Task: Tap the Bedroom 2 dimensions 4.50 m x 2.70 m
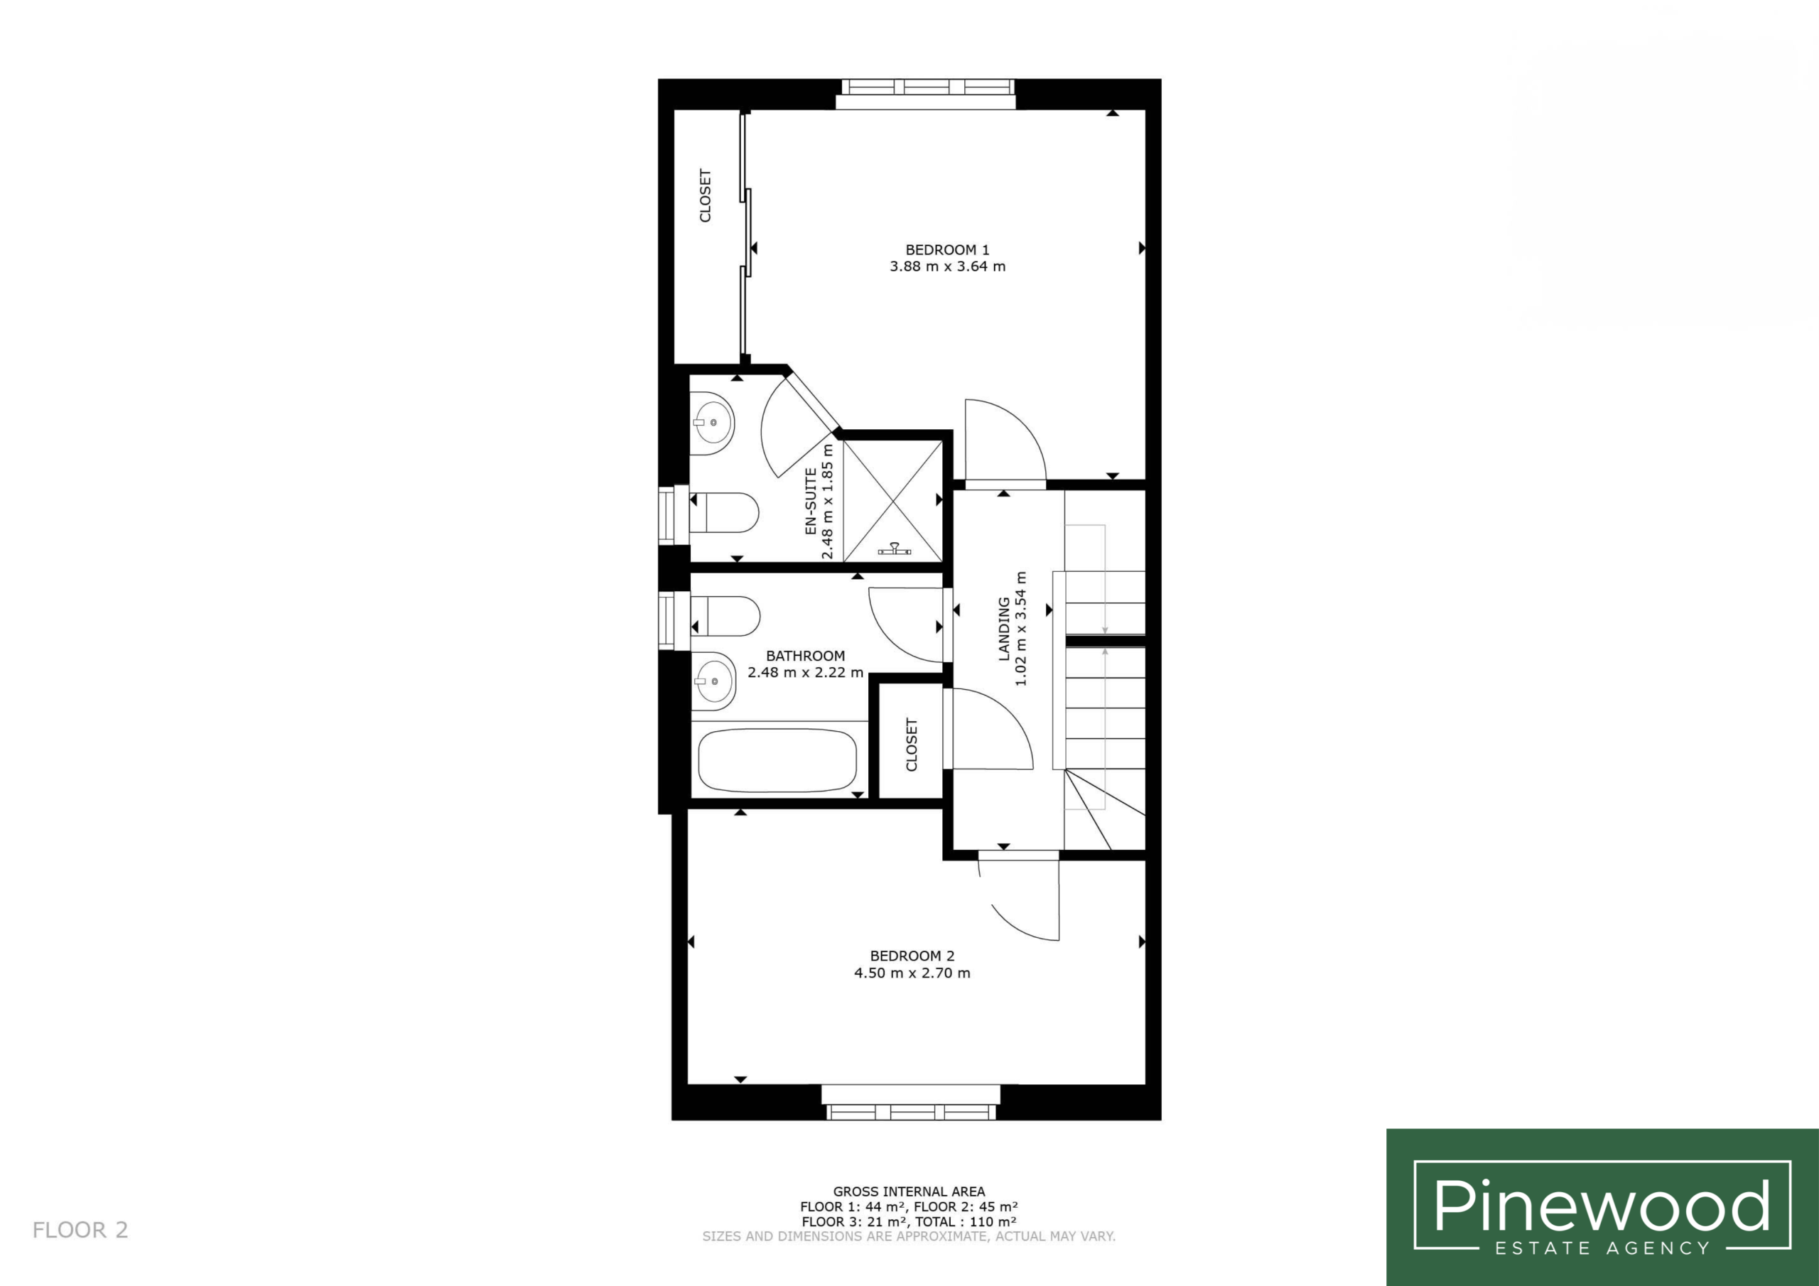tap(912, 973)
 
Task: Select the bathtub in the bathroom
tap(777, 760)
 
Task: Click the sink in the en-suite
tap(712, 423)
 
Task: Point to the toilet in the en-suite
tap(723, 513)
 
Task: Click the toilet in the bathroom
tap(725, 616)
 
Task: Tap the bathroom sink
tap(713, 681)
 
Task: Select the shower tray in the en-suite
tap(894, 502)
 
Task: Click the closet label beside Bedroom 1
tap(705, 195)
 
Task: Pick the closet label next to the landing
tap(911, 745)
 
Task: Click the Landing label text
tap(1004, 629)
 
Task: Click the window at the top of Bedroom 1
tap(926, 94)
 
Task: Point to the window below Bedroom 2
tap(911, 1101)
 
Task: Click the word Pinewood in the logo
tap(1601, 1206)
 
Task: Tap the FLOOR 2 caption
tap(80, 1230)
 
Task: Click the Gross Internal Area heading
tap(909, 1191)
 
